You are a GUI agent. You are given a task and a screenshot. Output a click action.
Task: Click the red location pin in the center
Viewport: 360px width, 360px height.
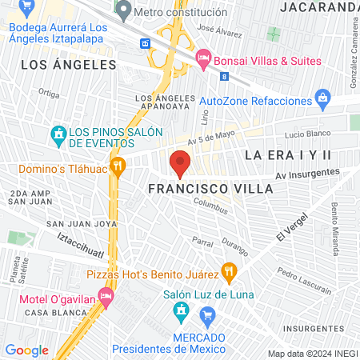180,165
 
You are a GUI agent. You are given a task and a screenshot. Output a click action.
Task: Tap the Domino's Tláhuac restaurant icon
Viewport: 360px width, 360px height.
118,167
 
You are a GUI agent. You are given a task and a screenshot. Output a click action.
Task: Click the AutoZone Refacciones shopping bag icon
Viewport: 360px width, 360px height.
322,101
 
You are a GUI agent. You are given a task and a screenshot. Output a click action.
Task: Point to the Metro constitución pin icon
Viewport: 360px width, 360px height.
123,11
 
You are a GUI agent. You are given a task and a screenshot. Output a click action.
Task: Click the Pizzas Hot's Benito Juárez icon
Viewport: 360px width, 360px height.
229,271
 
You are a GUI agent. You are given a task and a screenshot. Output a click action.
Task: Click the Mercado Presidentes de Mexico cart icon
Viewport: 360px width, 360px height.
208,315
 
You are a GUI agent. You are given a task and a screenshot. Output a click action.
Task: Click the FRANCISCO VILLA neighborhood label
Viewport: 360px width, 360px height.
211,189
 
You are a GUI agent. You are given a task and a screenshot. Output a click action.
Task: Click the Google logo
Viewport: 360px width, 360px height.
26,350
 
